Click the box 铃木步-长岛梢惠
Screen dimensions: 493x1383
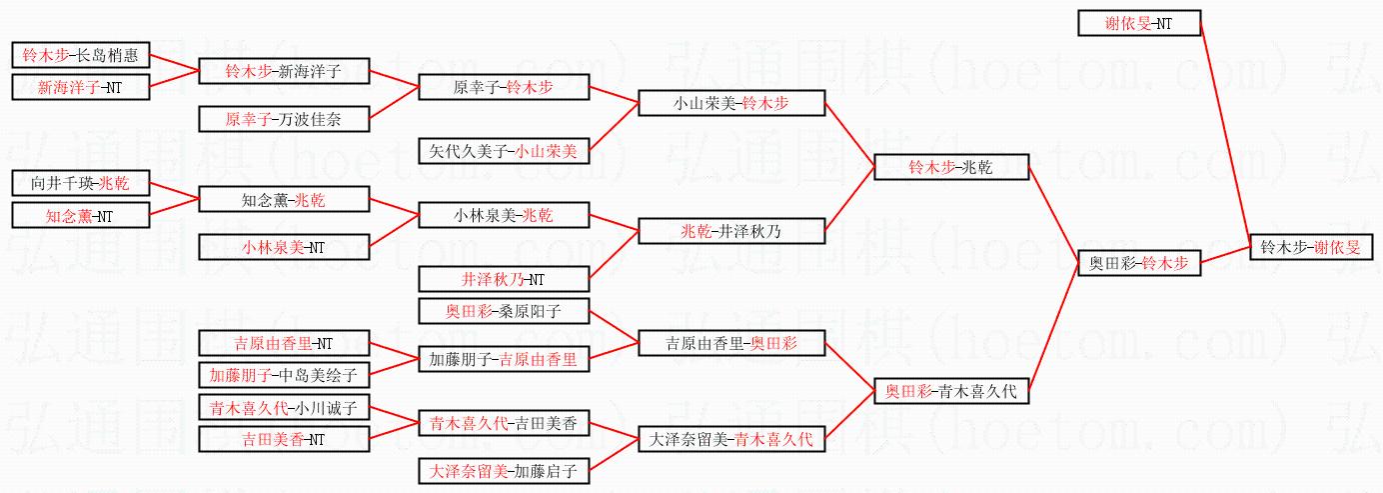point(80,55)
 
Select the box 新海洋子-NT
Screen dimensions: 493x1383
point(80,87)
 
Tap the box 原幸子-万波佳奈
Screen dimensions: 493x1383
point(284,119)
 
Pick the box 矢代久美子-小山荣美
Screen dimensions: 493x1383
point(504,151)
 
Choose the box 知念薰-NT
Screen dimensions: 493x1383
point(80,215)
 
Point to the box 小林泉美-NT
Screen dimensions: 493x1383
point(284,246)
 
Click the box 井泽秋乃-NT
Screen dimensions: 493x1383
point(504,279)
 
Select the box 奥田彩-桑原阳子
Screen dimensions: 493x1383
point(504,311)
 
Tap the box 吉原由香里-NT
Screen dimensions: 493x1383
point(284,343)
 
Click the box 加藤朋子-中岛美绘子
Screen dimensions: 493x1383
point(284,375)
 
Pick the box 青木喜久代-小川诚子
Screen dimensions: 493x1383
point(284,407)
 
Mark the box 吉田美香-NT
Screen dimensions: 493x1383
point(284,438)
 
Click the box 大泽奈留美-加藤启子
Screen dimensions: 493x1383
point(504,470)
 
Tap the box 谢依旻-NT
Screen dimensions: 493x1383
point(1139,23)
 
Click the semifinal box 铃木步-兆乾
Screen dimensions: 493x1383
point(950,167)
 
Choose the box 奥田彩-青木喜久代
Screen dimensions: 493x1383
point(950,391)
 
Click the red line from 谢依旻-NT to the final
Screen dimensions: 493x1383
point(1224,130)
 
